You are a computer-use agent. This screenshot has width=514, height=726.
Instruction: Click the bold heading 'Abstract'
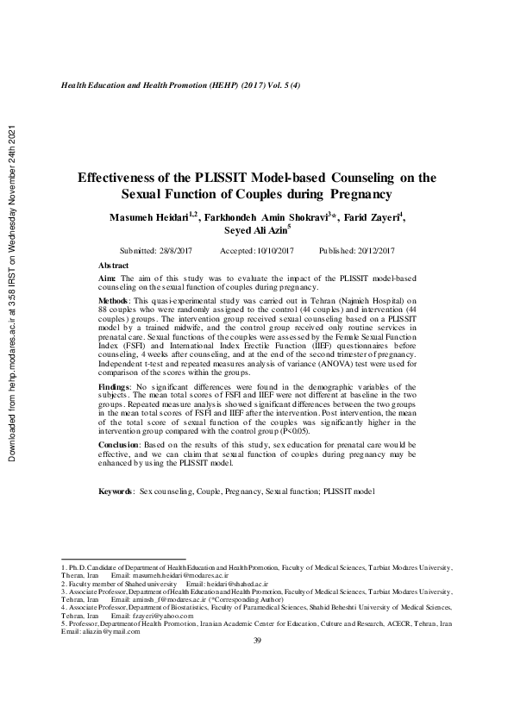[114, 265]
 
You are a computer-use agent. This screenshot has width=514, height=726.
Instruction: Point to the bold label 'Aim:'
[107, 279]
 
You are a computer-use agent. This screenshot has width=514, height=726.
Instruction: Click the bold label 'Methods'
[114, 300]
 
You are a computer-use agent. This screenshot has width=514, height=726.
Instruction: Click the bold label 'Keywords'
[116, 490]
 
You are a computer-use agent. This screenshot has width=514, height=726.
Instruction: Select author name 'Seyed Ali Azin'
[254, 231]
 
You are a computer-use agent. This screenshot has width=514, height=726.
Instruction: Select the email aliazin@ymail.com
[112, 631]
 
